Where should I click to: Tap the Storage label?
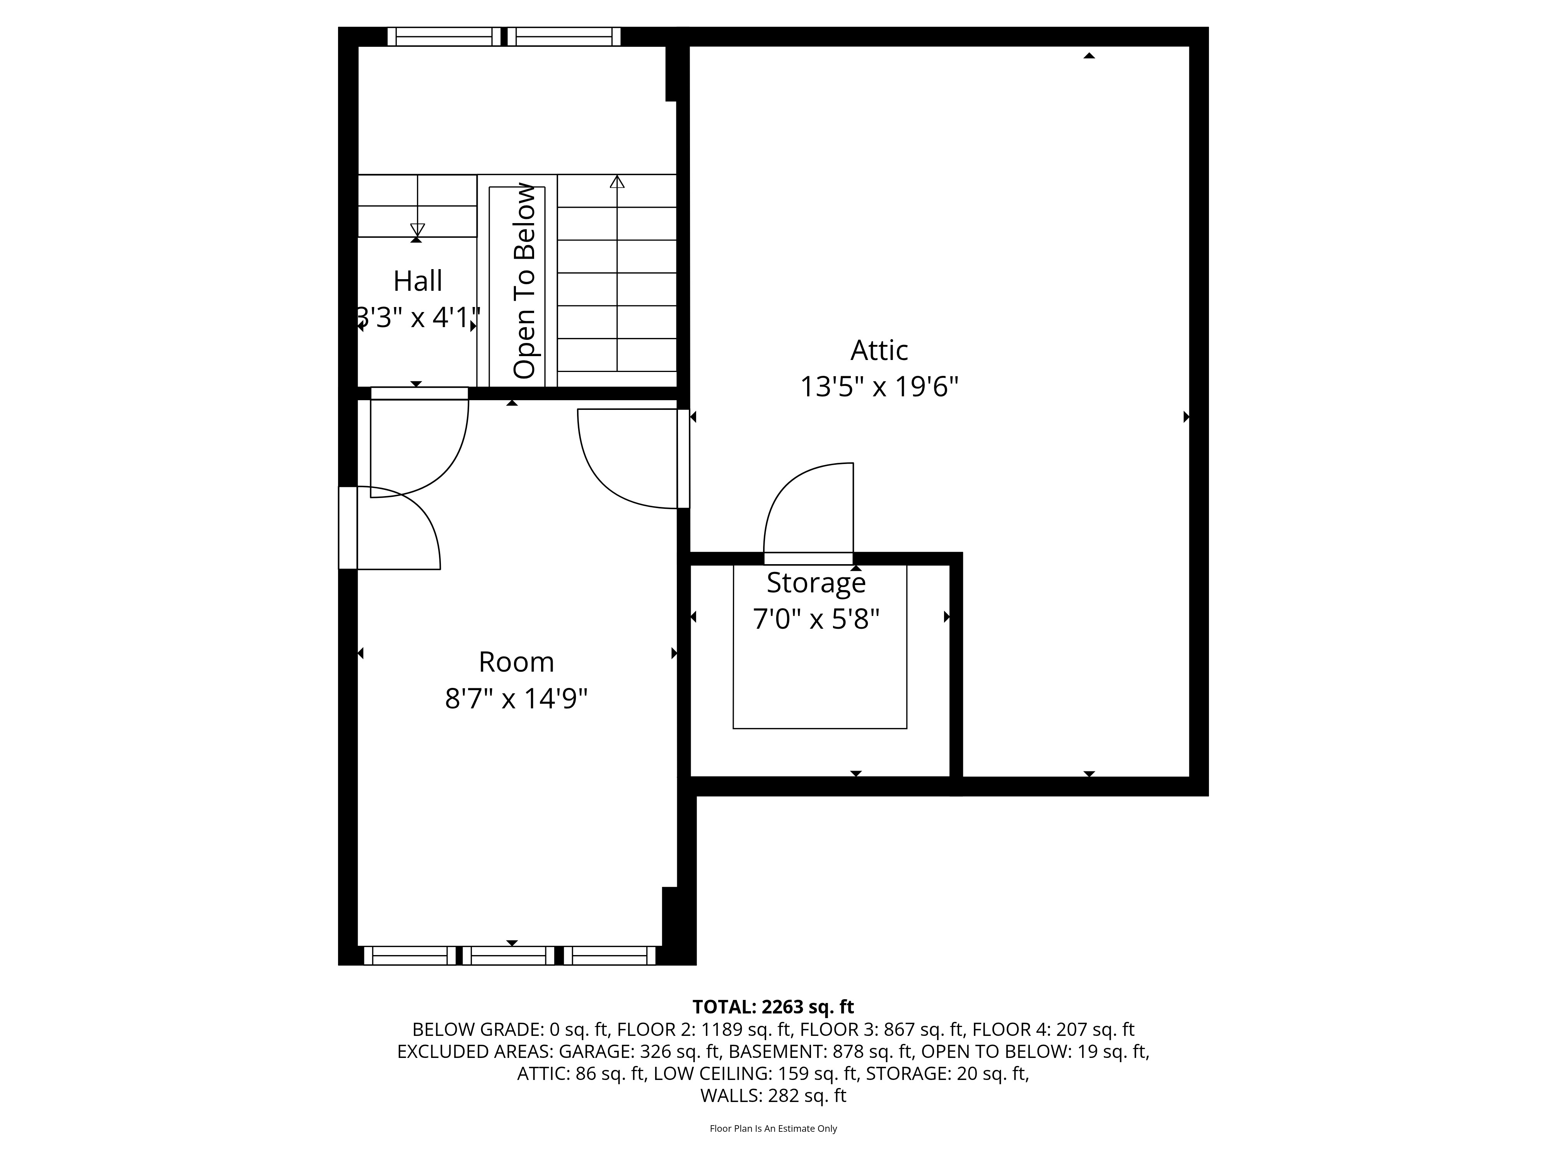click(x=815, y=582)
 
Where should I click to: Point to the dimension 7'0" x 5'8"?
click(x=815, y=619)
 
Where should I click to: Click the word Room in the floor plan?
click(x=516, y=662)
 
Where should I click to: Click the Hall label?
click(x=418, y=281)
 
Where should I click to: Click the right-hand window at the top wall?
click(x=564, y=36)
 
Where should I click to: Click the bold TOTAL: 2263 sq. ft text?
click(x=773, y=1007)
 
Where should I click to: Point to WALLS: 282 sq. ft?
click(x=773, y=1096)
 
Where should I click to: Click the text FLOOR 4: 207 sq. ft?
click(x=1053, y=1029)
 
